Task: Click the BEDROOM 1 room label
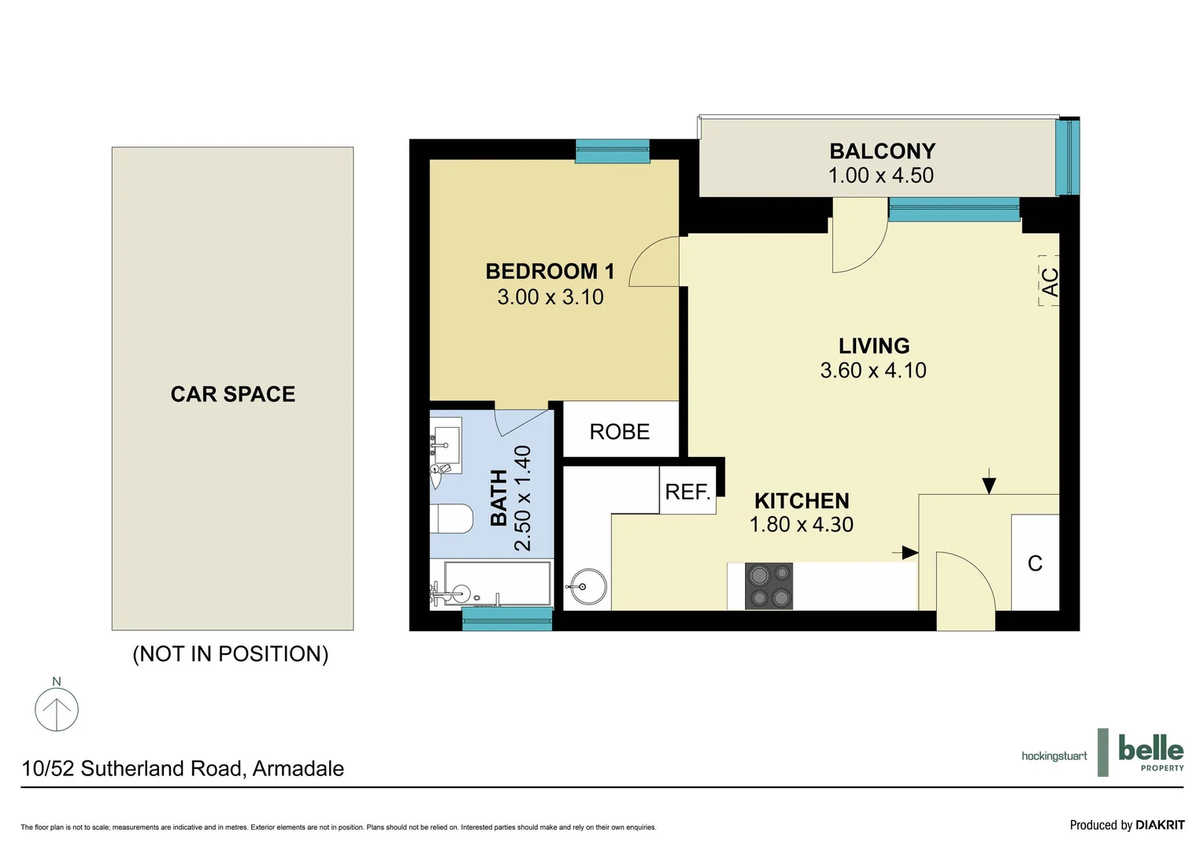(550, 271)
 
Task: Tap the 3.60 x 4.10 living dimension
(872, 370)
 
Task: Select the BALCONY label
(882, 151)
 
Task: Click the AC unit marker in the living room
(1049, 281)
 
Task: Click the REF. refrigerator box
(687, 492)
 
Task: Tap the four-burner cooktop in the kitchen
(769, 585)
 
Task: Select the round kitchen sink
(587, 587)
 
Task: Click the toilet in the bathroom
(451, 518)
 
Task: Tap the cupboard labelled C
(1035, 563)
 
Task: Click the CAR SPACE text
(233, 394)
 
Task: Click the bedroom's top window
(612, 151)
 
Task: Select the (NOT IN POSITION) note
(230, 654)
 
